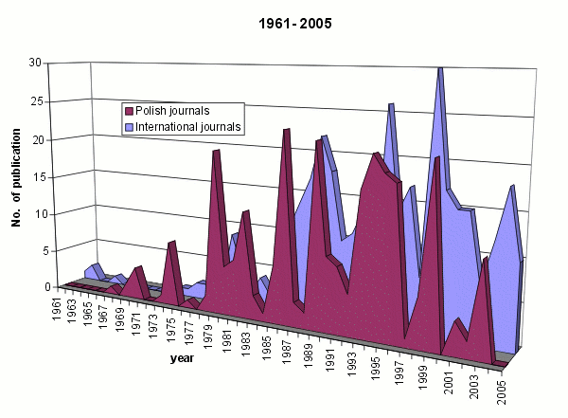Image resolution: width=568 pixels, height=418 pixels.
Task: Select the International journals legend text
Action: [x=189, y=125]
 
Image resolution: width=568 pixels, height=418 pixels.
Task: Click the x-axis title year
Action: [x=183, y=358]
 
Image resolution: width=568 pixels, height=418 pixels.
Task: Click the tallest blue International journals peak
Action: [x=440, y=68]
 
